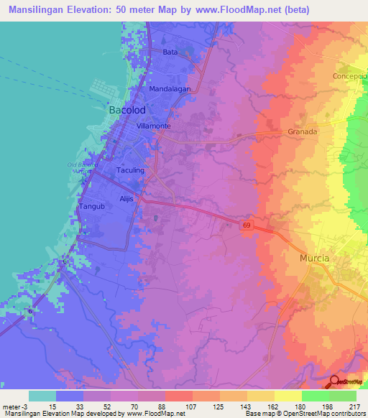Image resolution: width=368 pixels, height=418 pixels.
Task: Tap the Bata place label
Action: (x=170, y=52)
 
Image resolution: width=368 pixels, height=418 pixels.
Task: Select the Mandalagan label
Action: (x=169, y=88)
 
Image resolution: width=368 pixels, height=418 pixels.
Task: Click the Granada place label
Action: (x=302, y=132)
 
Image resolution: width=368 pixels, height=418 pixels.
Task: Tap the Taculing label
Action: (x=130, y=170)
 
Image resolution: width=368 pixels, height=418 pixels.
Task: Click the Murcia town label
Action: (x=315, y=258)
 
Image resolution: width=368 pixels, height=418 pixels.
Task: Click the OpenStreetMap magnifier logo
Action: (x=335, y=381)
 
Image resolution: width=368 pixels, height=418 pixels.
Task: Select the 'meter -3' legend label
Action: (x=16, y=406)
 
